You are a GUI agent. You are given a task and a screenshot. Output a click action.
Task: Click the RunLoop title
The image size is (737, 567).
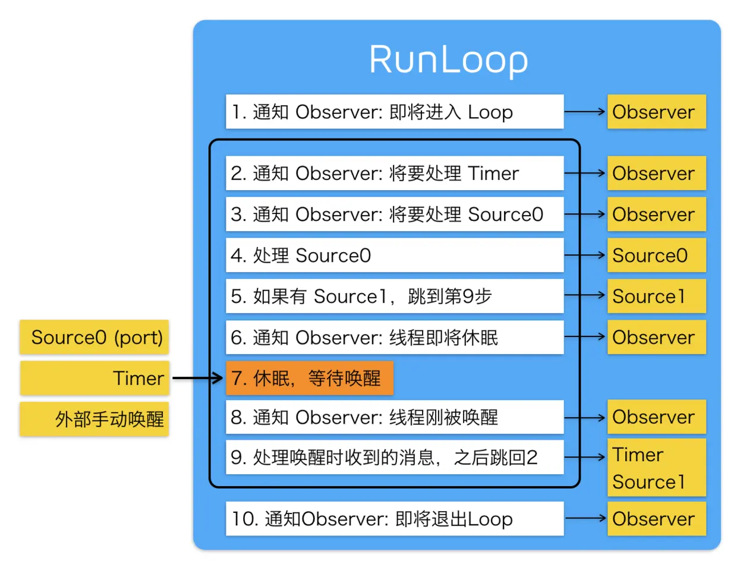[x=449, y=59]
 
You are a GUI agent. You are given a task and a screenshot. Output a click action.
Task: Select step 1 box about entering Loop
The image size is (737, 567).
[x=394, y=112]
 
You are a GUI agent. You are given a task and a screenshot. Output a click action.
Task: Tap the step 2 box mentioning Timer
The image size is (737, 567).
[x=394, y=174]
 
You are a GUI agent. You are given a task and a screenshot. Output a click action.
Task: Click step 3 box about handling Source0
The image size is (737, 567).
[x=394, y=215]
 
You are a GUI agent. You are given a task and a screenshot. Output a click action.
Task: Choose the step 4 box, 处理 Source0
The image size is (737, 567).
[x=394, y=256]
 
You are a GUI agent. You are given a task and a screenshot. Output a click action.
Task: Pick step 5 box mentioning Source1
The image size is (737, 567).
[x=394, y=296]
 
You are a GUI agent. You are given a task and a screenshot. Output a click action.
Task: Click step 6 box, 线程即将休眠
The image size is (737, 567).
[x=394, y=337]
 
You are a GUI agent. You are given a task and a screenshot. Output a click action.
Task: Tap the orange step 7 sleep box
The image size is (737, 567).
[x=309, y=378]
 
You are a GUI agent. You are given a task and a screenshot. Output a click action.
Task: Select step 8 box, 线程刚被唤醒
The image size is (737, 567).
[x=394, y=417]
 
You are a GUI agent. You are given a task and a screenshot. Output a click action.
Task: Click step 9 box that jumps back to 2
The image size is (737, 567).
[x=394, y=457]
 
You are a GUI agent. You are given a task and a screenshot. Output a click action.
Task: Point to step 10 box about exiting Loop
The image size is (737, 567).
[x=394, y=519]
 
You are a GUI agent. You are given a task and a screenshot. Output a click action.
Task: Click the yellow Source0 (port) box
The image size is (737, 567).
[x=95, y=337]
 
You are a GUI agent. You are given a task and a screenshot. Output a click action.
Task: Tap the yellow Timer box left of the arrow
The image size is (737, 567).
[x=95, y=378]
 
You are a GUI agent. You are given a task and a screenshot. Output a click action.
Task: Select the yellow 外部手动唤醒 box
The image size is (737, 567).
[x=95, y=419]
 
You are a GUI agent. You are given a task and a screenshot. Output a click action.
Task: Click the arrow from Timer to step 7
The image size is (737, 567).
[x=197, y=378]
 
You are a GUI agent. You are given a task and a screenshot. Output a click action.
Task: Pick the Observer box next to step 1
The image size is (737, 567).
[x=656, y=112]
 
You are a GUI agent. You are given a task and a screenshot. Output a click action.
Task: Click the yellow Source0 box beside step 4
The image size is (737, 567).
[x=656, y=256]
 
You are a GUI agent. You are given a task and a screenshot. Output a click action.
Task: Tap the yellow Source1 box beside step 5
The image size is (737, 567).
[x=656, y=296]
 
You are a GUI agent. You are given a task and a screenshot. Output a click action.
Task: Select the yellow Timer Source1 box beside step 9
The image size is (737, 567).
[x=656, y=468]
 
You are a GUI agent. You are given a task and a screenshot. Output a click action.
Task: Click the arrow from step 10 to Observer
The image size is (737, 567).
[x=585, y=518]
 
